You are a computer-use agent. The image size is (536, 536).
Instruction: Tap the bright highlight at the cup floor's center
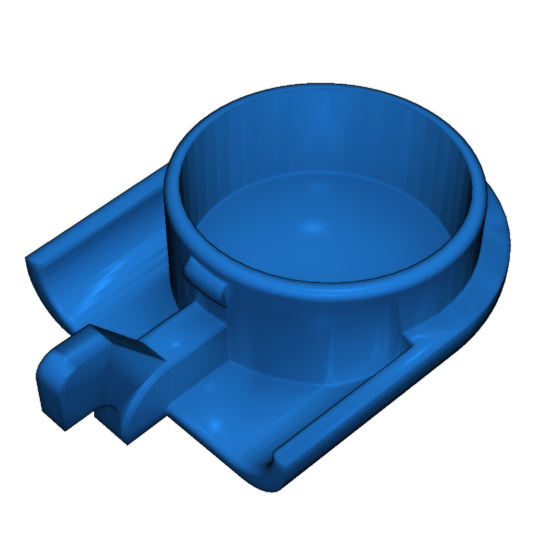point(312,227)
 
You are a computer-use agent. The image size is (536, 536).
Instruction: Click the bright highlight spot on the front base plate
point(214,423)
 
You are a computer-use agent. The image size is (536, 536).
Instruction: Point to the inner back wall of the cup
point(325,136)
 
